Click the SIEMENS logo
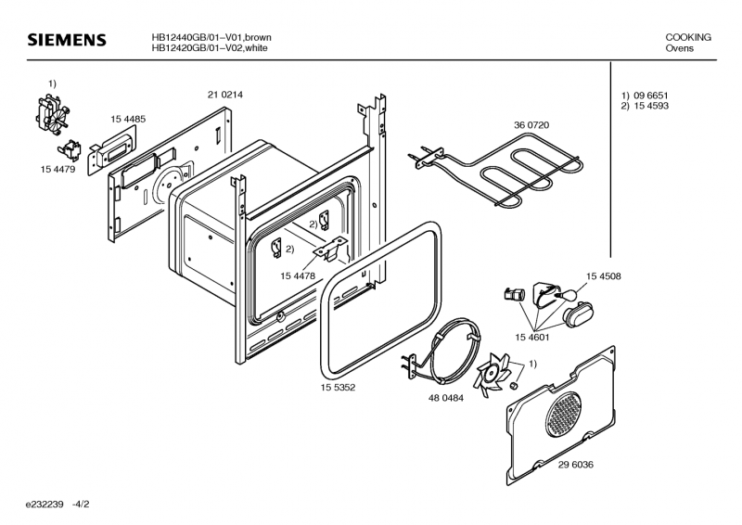tap(67, 42)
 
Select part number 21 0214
tap(224, 95)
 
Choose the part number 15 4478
tap(298, 275)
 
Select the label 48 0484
tap(446, 397)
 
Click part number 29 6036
tap(576, 465)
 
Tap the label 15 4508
tap(603, 275)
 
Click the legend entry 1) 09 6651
tap(646, 96)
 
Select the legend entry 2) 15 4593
tap(646, 107)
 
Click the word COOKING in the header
tap(688, 37)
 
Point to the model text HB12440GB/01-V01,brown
tap(211, 37)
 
